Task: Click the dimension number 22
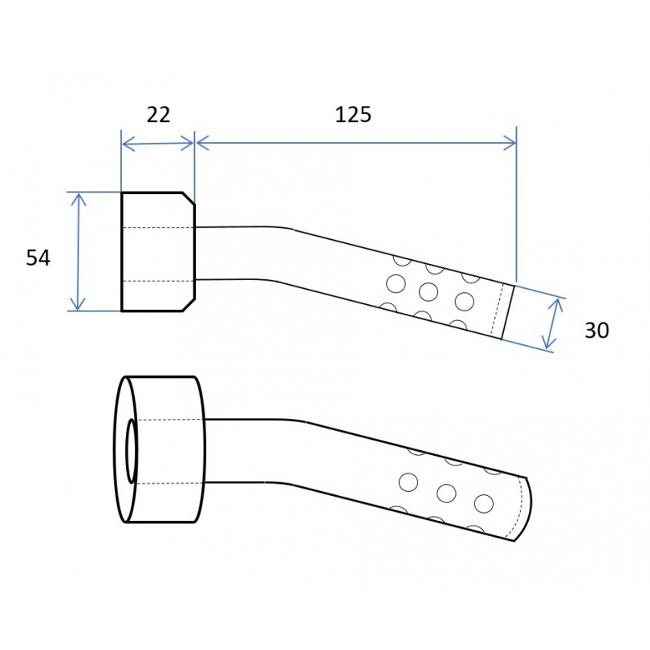coord(158,115)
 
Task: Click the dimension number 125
coord(353,115)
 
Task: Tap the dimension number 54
coord(39,258)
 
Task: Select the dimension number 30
coord(596,331)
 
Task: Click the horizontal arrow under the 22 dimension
coord(158,144)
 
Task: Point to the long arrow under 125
coord(356,143)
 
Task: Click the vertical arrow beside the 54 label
coord(78,252)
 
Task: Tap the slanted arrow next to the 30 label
coord(553,323)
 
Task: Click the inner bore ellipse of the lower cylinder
coord(132,451)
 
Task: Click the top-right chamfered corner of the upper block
coord(189,198)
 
